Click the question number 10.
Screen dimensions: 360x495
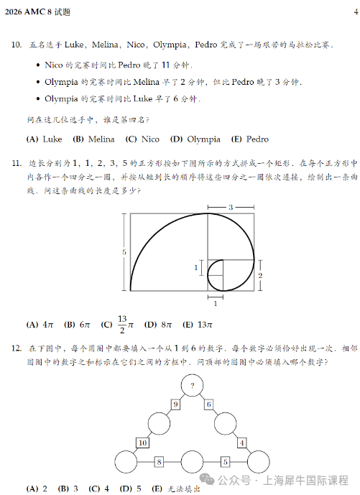16,45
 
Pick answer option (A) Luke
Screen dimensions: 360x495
45,139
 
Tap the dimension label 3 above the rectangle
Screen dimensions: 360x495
231,208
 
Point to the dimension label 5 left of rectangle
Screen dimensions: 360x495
124,252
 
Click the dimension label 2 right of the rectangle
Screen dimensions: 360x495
260,275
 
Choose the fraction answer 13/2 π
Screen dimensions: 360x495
118,324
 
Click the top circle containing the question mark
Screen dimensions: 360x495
192,386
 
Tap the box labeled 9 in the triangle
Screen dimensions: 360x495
175,405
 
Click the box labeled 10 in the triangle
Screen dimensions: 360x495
143,443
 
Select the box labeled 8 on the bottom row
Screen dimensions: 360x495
159,461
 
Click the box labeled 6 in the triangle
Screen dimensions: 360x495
209,405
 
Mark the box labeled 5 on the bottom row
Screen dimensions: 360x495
225,461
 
